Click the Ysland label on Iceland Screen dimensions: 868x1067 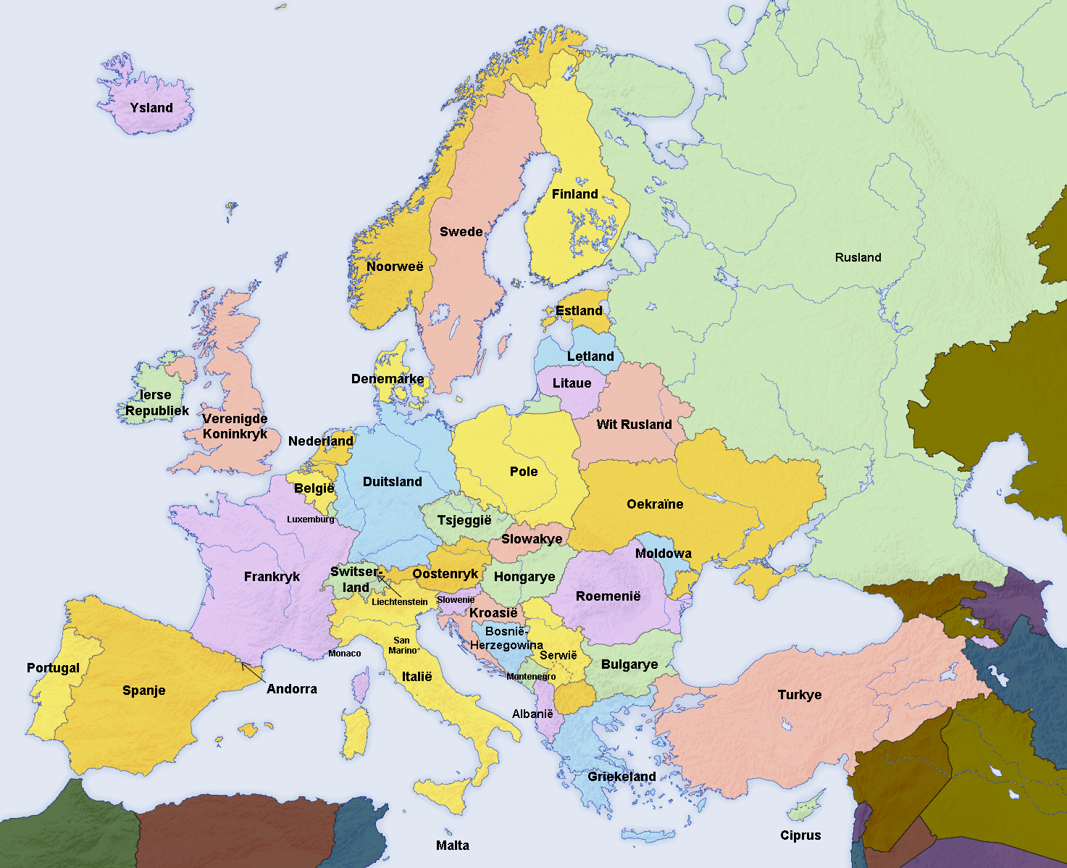151,108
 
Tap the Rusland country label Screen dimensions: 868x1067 858,257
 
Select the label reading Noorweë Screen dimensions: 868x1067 394,267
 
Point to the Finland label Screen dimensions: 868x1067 574,194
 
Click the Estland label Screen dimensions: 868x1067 579,311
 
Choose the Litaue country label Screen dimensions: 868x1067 572,383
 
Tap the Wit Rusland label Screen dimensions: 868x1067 634,425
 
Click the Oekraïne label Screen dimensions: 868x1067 655,504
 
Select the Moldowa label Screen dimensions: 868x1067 663,554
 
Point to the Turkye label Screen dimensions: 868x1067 800,695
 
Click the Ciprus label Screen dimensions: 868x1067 800,835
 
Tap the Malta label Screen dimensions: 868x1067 452,846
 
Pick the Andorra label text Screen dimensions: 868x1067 291,689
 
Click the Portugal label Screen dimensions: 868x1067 53,668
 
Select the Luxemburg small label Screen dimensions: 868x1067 310,519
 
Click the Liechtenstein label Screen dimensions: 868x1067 399,602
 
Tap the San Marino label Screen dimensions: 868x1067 402,646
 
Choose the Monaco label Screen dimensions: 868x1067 344,654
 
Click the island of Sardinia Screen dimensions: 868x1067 355,732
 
